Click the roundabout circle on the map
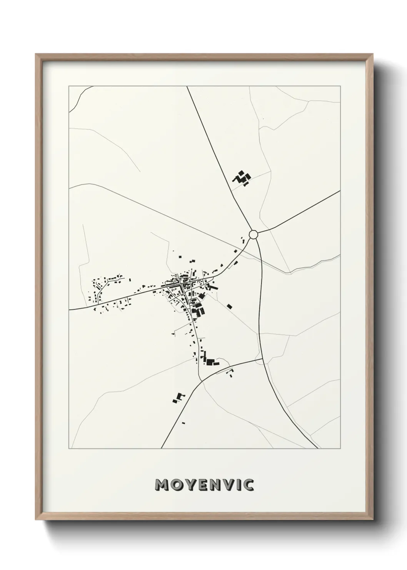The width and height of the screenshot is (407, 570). [x=253, y=234]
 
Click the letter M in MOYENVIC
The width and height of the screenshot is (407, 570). [x=161, y=485]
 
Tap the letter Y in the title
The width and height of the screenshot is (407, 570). [x=190, y=485]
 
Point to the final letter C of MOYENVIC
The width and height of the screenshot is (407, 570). [x=249, y=485]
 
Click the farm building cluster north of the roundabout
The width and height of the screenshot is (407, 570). [x=242, y=178]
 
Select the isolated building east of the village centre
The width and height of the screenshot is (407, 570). [x=230, y=307]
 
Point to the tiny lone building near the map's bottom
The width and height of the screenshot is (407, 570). [x=183, y=423]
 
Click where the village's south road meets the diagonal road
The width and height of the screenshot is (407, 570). [x=201, y=381]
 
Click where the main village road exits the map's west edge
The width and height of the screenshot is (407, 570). [x=69, y=309]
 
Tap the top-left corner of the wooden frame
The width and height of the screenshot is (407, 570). [x=36, y=54]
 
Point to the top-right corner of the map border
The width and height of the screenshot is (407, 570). [x=340, y=86]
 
